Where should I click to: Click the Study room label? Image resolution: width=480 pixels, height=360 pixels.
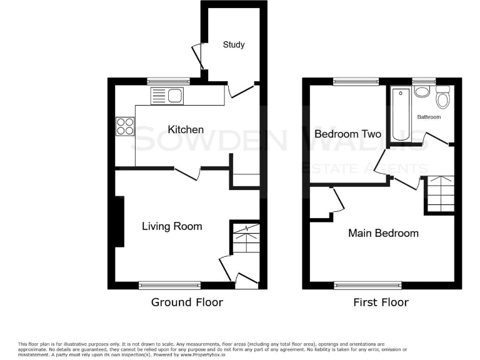[234, 45]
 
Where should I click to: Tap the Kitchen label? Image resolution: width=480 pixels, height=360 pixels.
[186, 130]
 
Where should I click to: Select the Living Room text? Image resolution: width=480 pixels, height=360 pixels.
[172, 226]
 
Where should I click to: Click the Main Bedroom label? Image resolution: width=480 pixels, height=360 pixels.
[383, 233]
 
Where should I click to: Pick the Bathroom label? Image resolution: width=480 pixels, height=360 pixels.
[429, 117]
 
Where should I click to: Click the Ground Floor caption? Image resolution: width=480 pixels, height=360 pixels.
[187, 302]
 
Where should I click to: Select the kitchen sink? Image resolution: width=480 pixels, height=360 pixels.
[167, 96]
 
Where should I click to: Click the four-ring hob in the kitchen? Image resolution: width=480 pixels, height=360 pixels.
[124, 127]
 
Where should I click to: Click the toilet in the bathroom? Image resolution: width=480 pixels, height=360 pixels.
[442, 98]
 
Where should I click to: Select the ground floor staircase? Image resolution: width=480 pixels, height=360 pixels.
[245, 239]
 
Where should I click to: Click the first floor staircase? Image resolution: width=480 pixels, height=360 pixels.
[441, 194]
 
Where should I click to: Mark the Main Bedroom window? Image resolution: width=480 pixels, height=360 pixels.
[367, 286]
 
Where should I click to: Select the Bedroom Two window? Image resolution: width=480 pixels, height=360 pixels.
[355, 81]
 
